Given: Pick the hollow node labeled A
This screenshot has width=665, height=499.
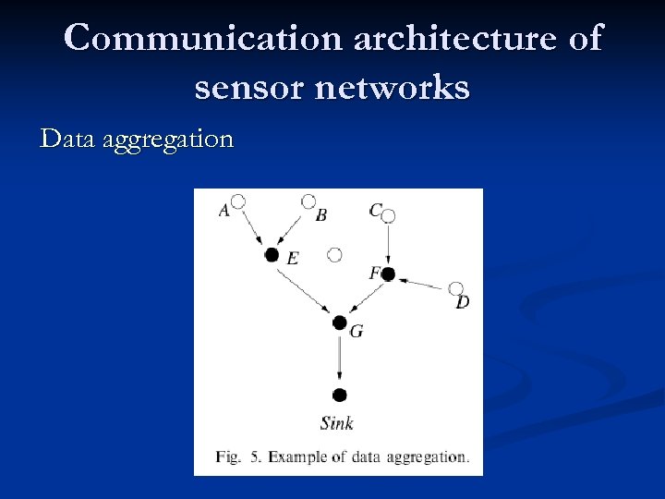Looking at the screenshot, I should [x=238, y=201].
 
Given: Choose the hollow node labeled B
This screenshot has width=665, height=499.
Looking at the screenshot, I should [x=308, y=201].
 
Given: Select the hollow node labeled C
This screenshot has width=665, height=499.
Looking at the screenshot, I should [x=388, y=215].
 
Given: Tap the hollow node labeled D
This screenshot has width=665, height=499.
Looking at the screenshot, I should [x=455, y=288].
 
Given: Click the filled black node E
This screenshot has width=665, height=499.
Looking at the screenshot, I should [x=272, y=254].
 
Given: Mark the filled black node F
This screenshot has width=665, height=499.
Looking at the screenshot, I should [x=388, y=274].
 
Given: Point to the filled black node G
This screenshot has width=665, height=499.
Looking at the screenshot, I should [x=339, y=323].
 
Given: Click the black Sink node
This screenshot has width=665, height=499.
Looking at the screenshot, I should [x=339, y=395].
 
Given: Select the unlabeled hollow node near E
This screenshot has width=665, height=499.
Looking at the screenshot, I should [x=335, y=254].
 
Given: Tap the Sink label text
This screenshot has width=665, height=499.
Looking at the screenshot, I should [x=337, y=423].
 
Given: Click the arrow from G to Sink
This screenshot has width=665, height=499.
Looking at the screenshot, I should [x=339, y=359].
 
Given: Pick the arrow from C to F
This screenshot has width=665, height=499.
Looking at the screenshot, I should [x=388, y=244].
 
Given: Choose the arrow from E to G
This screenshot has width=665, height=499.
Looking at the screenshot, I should [x=305, y=288].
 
